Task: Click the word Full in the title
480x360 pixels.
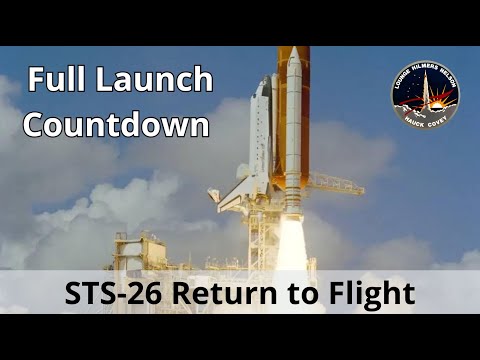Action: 57,81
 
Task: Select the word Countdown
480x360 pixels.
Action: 117,126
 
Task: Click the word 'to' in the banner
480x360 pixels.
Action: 305,294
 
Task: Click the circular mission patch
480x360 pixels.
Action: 424,95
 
